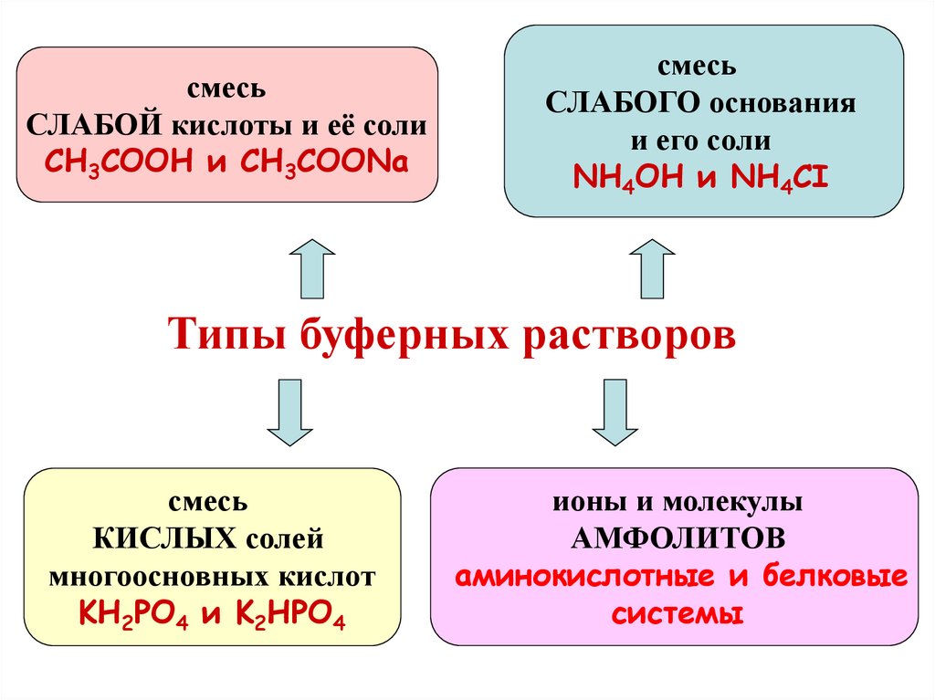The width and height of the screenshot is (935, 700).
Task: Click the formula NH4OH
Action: coord(628,176)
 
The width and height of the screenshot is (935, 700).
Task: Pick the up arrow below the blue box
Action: coord(652,268)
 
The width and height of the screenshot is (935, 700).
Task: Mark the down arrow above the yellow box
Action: coord(289,412)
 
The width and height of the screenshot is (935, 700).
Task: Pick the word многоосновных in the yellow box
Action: coord(157,577)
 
